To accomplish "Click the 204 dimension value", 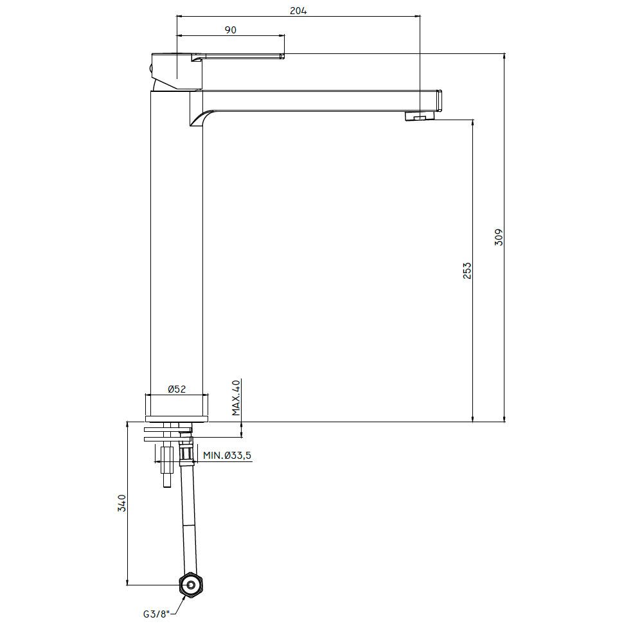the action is [x=298, y=11].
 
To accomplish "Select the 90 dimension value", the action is [x=231, y=30].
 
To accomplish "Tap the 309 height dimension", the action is [x=499, y=237].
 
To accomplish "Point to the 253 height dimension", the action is [x=467, y=271].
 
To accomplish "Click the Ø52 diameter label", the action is [x=177, y=389].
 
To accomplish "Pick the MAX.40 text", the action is [x=236, y=398].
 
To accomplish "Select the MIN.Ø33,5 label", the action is [x=227, y=456].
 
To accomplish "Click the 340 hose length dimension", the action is [x=121, y=503].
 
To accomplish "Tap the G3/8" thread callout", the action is [x=157, y=614].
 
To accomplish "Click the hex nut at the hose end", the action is [x=190, y=585].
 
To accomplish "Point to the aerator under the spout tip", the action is [x=420, y=116].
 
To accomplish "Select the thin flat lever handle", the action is [x=238, y=56].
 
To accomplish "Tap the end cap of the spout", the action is [x=440, y=101].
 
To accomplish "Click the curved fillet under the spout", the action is [x=201, y=118].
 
